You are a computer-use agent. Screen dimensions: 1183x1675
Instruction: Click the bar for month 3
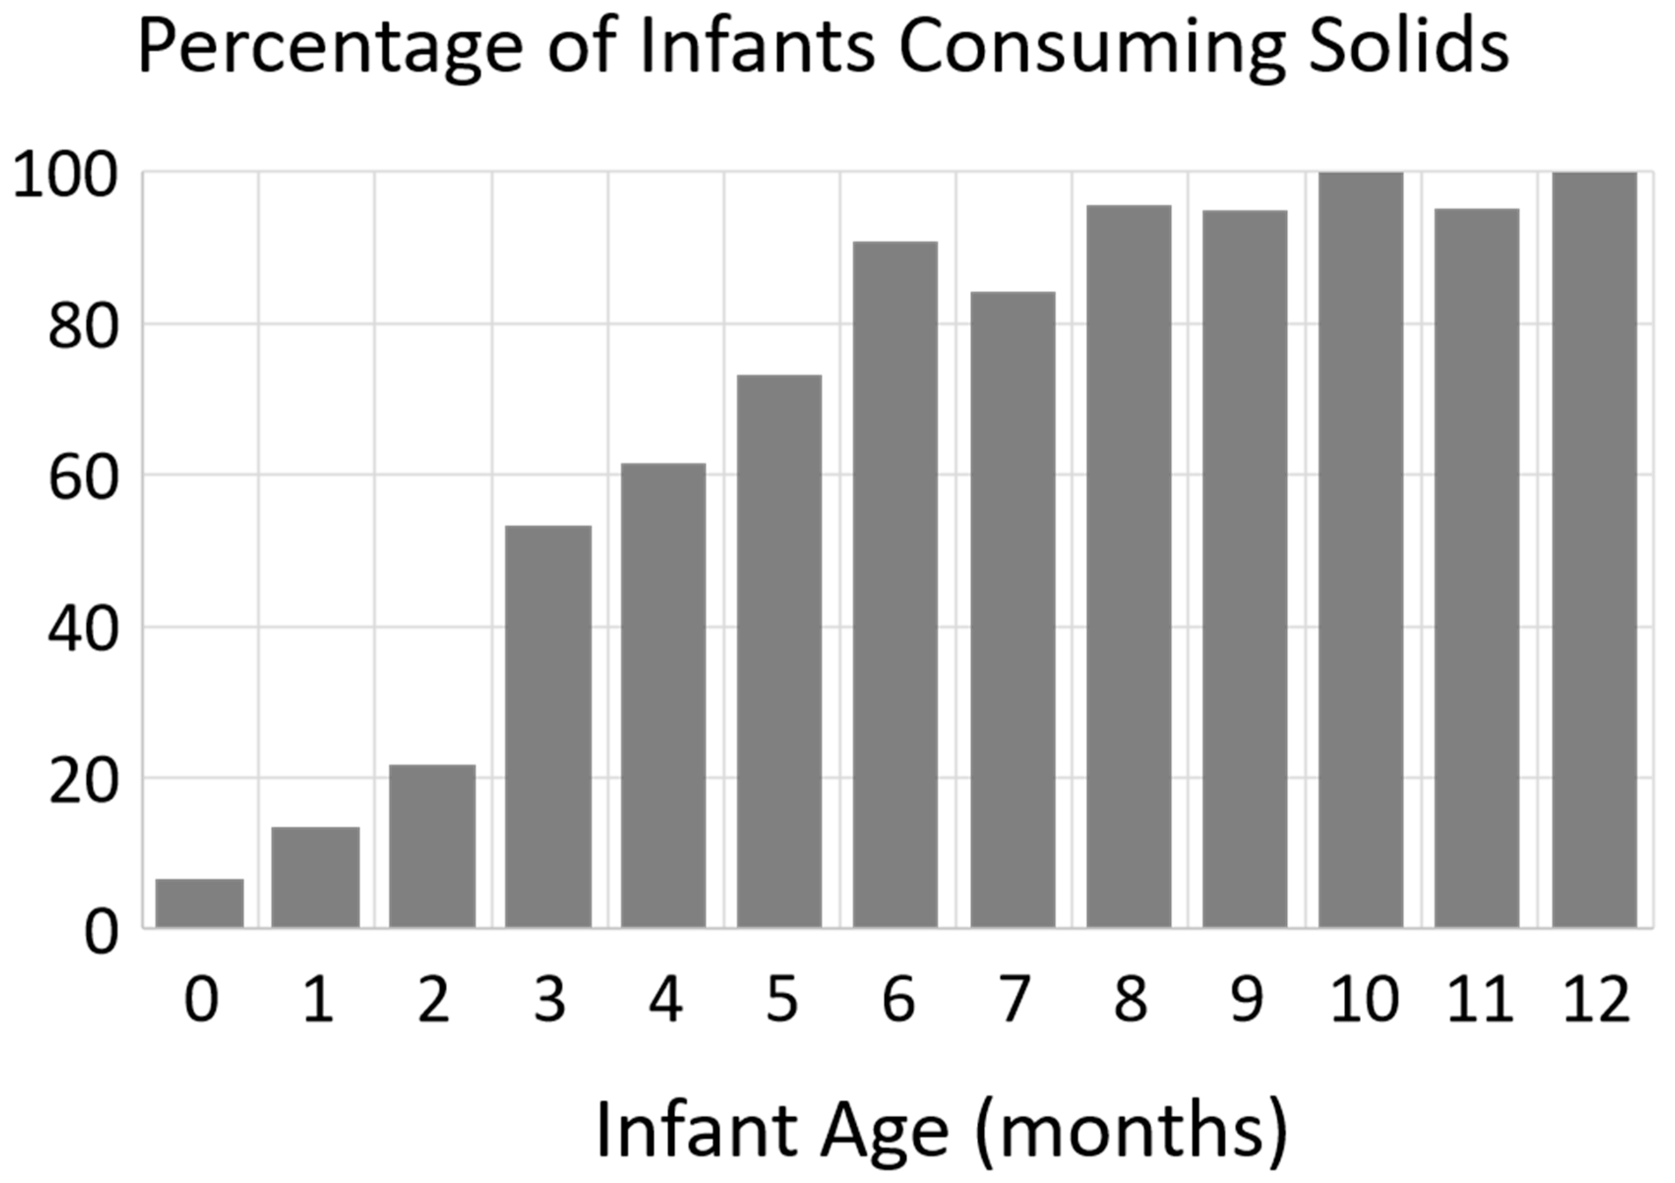pyautogui.click(x=548, y=727)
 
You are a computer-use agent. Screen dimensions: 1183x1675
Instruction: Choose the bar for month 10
pyautogui.click(x=1361, y=550)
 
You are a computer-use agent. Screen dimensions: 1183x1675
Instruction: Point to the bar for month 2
pyautogui.click(x=432, y=846)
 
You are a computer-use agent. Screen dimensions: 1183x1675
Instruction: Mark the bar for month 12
pyautogui.click(x=1594, y=550)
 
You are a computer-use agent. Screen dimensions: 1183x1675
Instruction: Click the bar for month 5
pyautogui.click(x=779, y=652)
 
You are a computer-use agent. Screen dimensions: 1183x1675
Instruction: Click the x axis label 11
pyautogui.click(x=1479, y=1000)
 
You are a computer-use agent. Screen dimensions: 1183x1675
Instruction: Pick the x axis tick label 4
pyautogui.click(x=665, y=1000)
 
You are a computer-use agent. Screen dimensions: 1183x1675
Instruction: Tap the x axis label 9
pyautogui.click(x=1246, y=1000)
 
